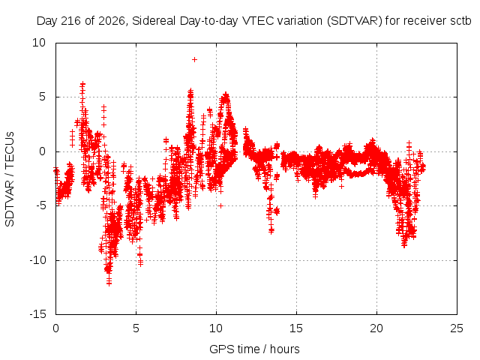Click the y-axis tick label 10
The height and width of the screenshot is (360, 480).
tap(39, 43)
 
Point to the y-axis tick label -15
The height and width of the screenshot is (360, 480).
tap(38, 314)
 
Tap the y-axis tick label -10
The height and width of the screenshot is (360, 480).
tap(38, 260)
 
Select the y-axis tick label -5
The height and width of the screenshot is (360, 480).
tap(41, 205)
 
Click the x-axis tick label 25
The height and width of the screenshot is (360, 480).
tap(457, 328)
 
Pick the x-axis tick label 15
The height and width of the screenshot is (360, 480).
tap(296, 328)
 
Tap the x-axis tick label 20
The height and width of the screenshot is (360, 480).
tap(376, 328)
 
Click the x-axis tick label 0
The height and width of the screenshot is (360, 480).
tap(55, 328)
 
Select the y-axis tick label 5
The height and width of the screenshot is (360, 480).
tap(42, 97)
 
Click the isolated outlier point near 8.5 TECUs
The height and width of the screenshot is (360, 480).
tap(194, 60)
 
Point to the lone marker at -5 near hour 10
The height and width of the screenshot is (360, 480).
tap(220, 206)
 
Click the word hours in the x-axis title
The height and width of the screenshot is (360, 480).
tap(285, 349)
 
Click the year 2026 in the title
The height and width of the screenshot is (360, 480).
tap(112, 21)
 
